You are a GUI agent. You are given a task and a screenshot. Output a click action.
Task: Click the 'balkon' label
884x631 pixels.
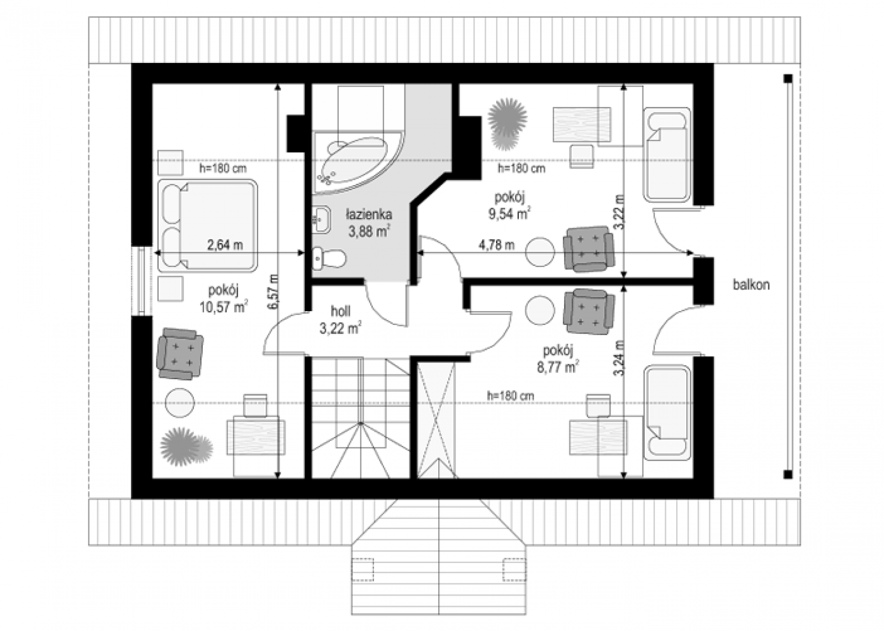pos(751,285)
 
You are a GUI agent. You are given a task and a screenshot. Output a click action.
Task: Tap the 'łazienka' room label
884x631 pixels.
pos(369,214)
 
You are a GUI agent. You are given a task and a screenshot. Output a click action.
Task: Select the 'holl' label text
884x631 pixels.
pos(340,312)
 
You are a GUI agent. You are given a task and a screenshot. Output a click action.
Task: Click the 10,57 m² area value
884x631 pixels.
pos(223,307)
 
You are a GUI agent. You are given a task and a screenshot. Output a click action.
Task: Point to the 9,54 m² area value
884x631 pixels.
pos(509,213)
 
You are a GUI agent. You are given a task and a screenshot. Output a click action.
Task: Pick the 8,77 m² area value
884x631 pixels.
pos(557,367)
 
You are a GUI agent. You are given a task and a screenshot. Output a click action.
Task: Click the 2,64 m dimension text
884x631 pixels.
pos(225,245)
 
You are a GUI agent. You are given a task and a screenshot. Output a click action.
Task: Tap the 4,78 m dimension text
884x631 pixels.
pos(497,245)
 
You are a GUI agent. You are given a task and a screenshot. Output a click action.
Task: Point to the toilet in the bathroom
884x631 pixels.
pos(329,259)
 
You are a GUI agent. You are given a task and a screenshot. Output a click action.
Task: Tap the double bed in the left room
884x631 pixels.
pos(208,226)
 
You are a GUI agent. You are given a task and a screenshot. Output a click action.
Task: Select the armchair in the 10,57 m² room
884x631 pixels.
pos(180,354)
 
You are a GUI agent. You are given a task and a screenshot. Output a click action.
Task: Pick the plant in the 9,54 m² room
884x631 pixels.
pos(507,124)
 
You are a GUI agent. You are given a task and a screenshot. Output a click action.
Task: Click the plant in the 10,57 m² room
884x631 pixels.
pos(186,446)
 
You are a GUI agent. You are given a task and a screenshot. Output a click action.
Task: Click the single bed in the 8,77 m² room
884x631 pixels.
pos(667,413)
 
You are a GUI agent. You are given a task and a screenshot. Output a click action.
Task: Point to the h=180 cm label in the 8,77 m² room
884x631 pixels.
pos(511,396)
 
